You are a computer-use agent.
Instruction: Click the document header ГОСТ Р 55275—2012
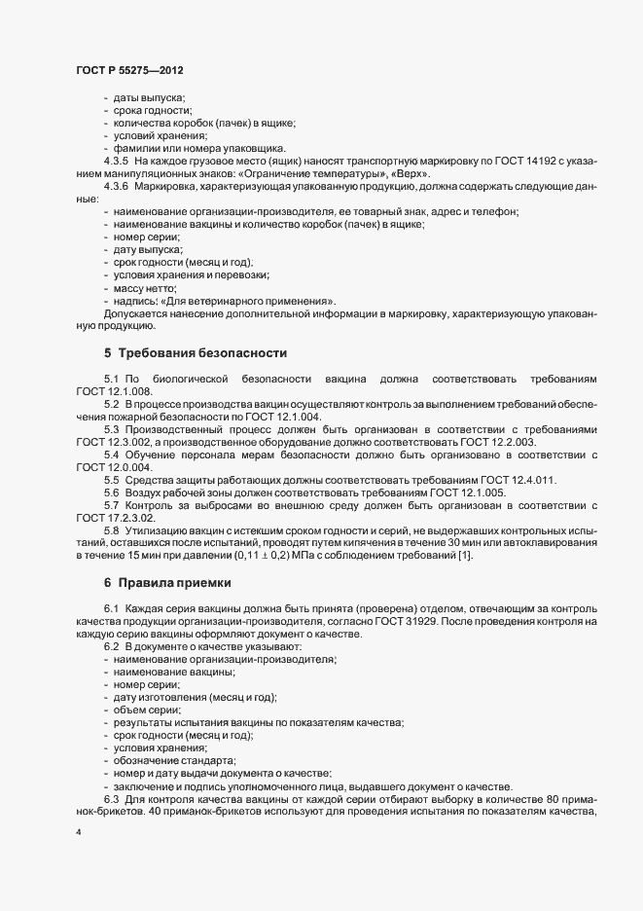point(129,72)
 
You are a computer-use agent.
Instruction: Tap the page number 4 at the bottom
point(79,833)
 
